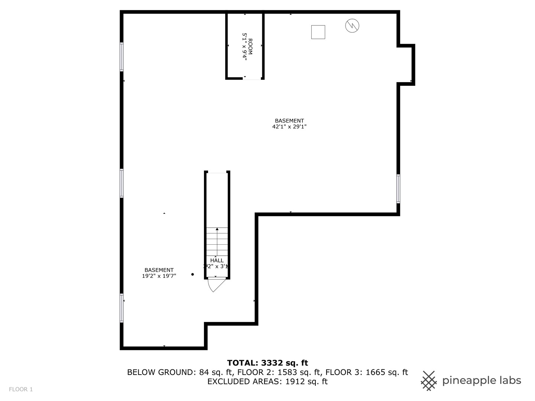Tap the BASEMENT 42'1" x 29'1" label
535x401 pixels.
(289, 124)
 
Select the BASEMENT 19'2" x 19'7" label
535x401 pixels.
(159, 273)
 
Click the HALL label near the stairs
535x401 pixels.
(217, 261)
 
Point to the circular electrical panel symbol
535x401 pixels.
(352, 26)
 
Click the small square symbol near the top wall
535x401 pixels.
(318, 32)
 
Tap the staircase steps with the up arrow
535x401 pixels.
(217, 241)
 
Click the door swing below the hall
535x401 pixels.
(215, 284)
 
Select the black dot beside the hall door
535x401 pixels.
(192, 274)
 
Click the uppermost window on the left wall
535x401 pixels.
(121, 57)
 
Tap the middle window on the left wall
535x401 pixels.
(121, 183)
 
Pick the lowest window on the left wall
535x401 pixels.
(121, 308)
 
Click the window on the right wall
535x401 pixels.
(398, 189)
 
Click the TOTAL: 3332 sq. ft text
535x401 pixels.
(267, 363)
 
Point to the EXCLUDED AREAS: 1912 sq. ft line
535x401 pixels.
(267, 381)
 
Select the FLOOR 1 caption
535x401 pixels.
(21, 389)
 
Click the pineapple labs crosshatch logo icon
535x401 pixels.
(429, 381)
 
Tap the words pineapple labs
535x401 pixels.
(481, 381)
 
